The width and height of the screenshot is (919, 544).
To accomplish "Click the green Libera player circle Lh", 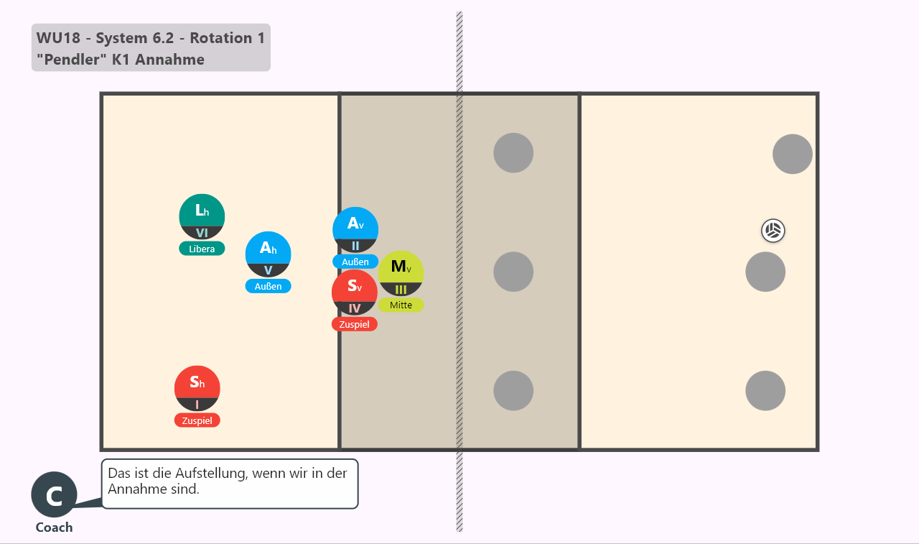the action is [202, 217].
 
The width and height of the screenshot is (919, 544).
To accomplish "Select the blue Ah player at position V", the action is [269, 254].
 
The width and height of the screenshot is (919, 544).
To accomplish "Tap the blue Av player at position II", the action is [355, 230].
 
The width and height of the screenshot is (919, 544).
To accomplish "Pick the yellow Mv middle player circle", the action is [401, 273].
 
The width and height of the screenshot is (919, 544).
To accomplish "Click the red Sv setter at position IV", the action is [355, 292].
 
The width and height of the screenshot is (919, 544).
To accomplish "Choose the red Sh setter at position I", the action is [197, 388].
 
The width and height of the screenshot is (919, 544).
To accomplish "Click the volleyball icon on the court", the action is [773, 231].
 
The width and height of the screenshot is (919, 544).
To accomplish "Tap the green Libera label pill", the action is [202, 249].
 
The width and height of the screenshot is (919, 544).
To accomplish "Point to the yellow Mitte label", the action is [401, 305].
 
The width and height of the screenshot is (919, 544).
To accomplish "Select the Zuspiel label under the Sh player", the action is [197, 420].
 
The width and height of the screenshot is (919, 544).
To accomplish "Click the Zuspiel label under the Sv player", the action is [355, 324].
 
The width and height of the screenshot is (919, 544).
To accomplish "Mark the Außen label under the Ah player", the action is [269, 286].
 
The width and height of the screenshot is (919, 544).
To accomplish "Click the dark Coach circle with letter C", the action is [54, 494].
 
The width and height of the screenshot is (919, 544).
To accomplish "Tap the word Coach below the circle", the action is [54, 527].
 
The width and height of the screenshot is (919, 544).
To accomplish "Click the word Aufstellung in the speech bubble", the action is [212, 474].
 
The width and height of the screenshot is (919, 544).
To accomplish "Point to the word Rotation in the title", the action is [221, 38].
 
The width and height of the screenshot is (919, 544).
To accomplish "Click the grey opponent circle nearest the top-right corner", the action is [793, 154].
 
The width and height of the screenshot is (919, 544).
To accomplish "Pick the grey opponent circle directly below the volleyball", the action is [765, 272].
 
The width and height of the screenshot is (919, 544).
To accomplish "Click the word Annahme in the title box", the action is [170, 60].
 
